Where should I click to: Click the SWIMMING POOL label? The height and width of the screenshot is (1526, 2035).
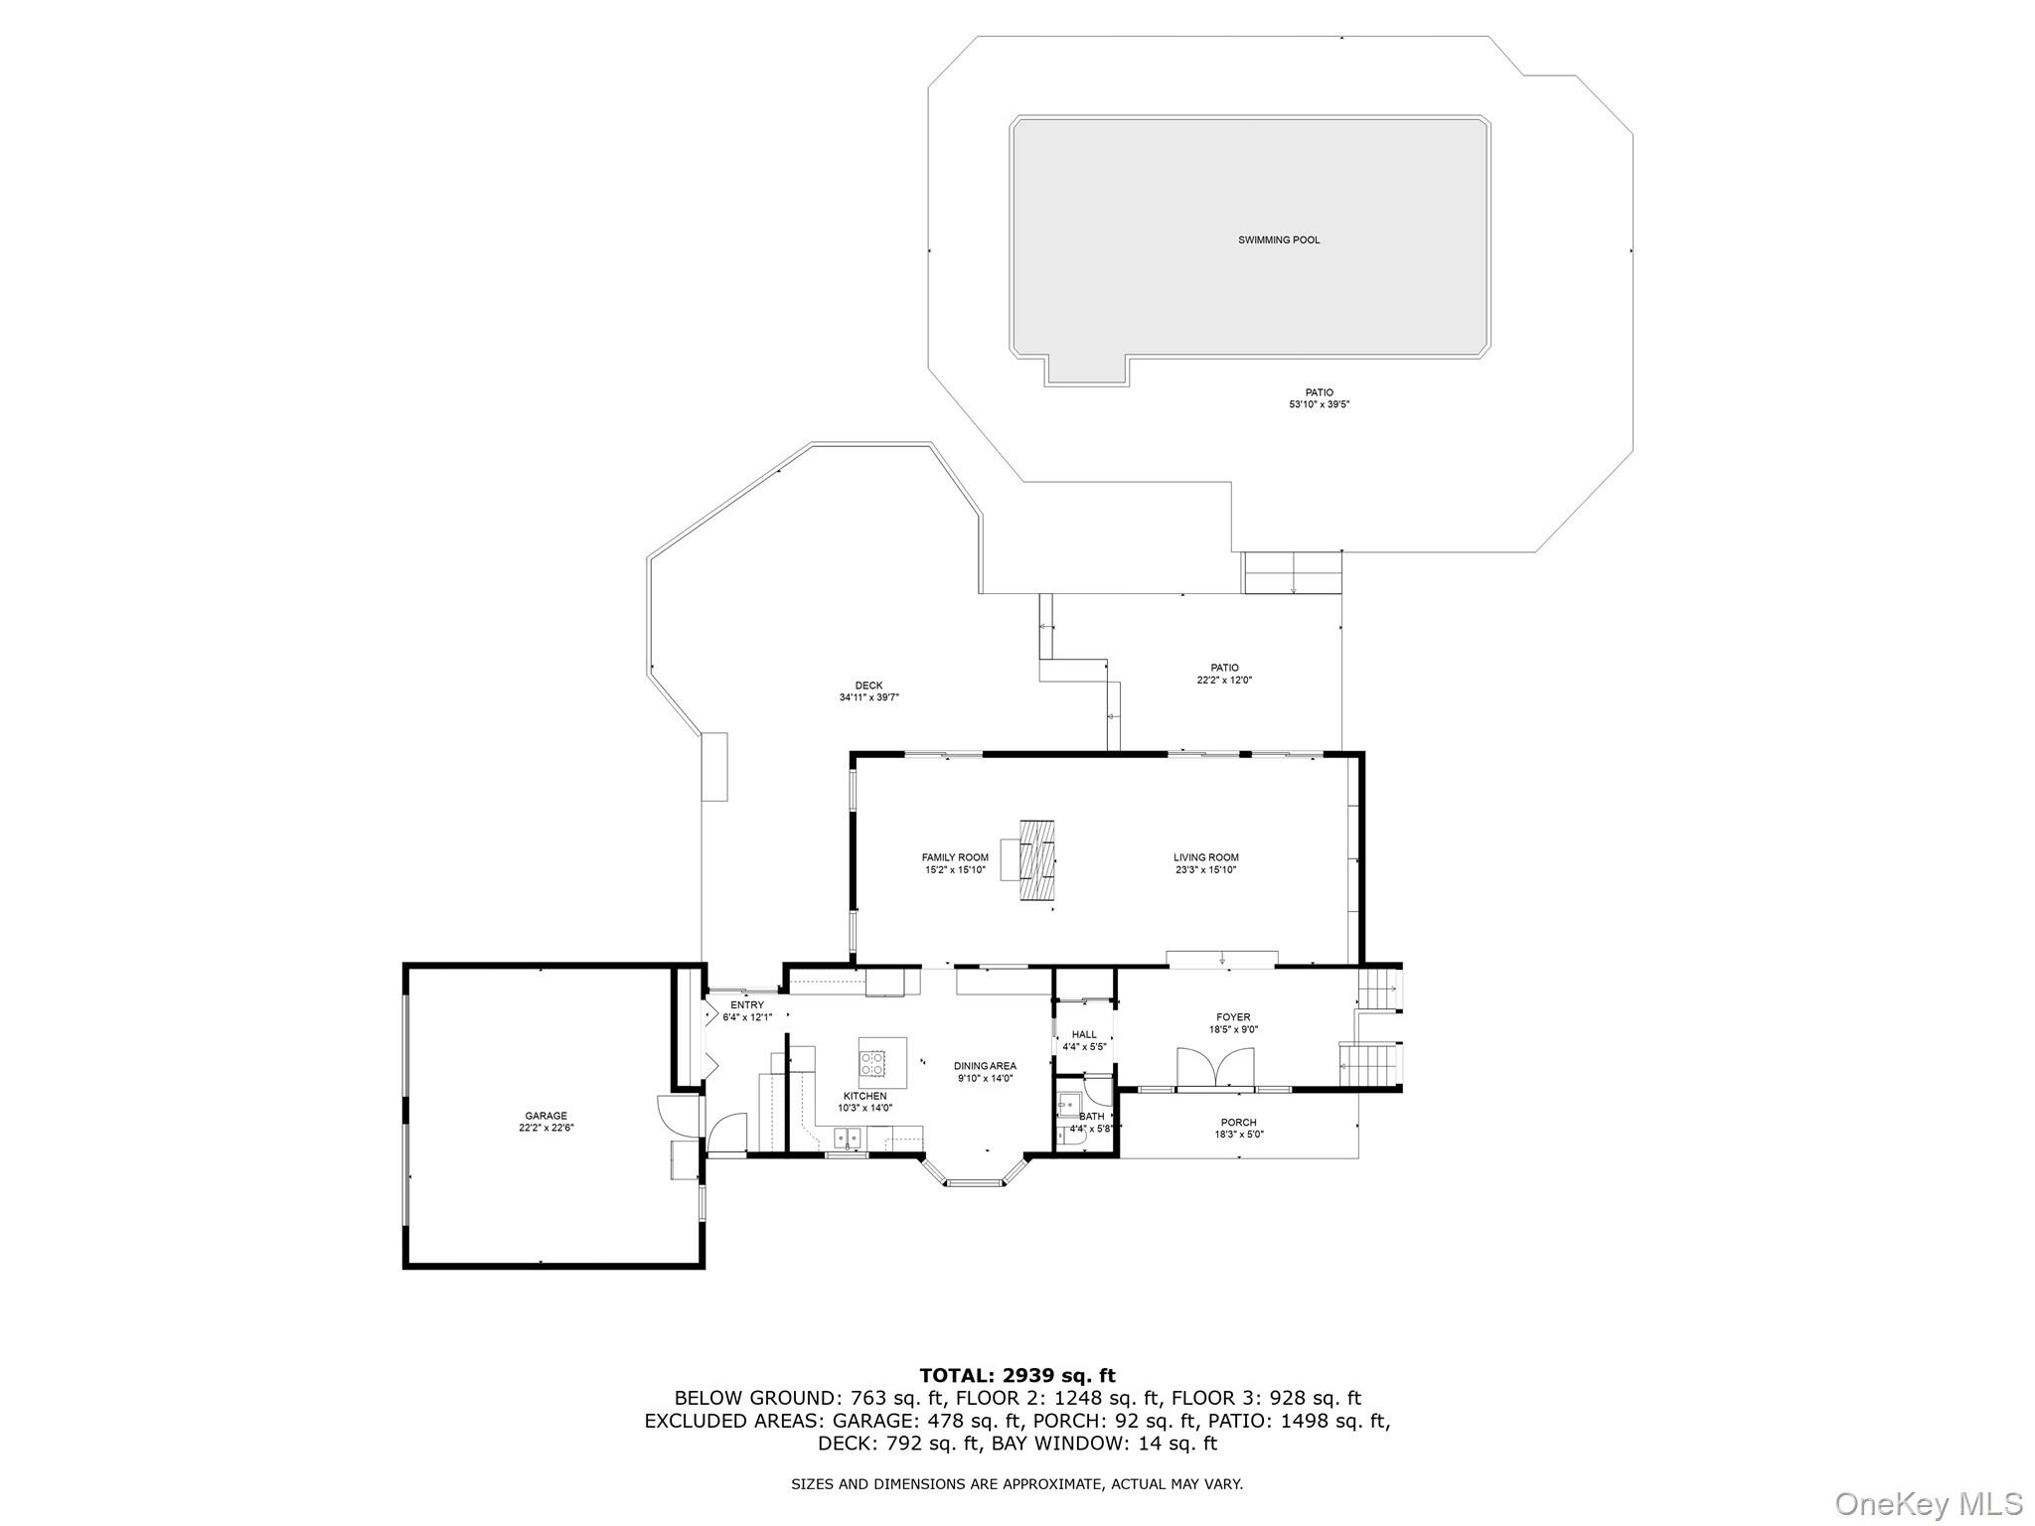point(1279,239)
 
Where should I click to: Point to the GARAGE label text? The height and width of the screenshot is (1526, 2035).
point(547,1116)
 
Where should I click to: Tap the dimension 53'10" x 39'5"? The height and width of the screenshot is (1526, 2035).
point(1319,404)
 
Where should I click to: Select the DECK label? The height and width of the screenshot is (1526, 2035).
point(868,686)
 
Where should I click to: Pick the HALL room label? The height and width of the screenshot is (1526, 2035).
point(1084,1034)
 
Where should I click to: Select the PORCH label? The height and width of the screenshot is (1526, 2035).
point(1239,1123)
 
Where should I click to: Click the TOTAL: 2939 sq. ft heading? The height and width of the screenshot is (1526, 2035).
point(1017,1376)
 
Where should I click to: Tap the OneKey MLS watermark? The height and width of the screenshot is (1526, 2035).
point(1928,1503)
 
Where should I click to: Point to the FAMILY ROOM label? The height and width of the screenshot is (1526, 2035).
point(955,857)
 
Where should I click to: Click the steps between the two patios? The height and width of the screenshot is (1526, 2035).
point(1293,573)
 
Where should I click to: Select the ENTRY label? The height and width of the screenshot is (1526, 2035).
point(747,1005)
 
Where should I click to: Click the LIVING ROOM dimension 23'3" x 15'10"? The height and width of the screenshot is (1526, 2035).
point(1205,870)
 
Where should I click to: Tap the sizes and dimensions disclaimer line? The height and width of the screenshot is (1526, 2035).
point(1017,1484)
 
